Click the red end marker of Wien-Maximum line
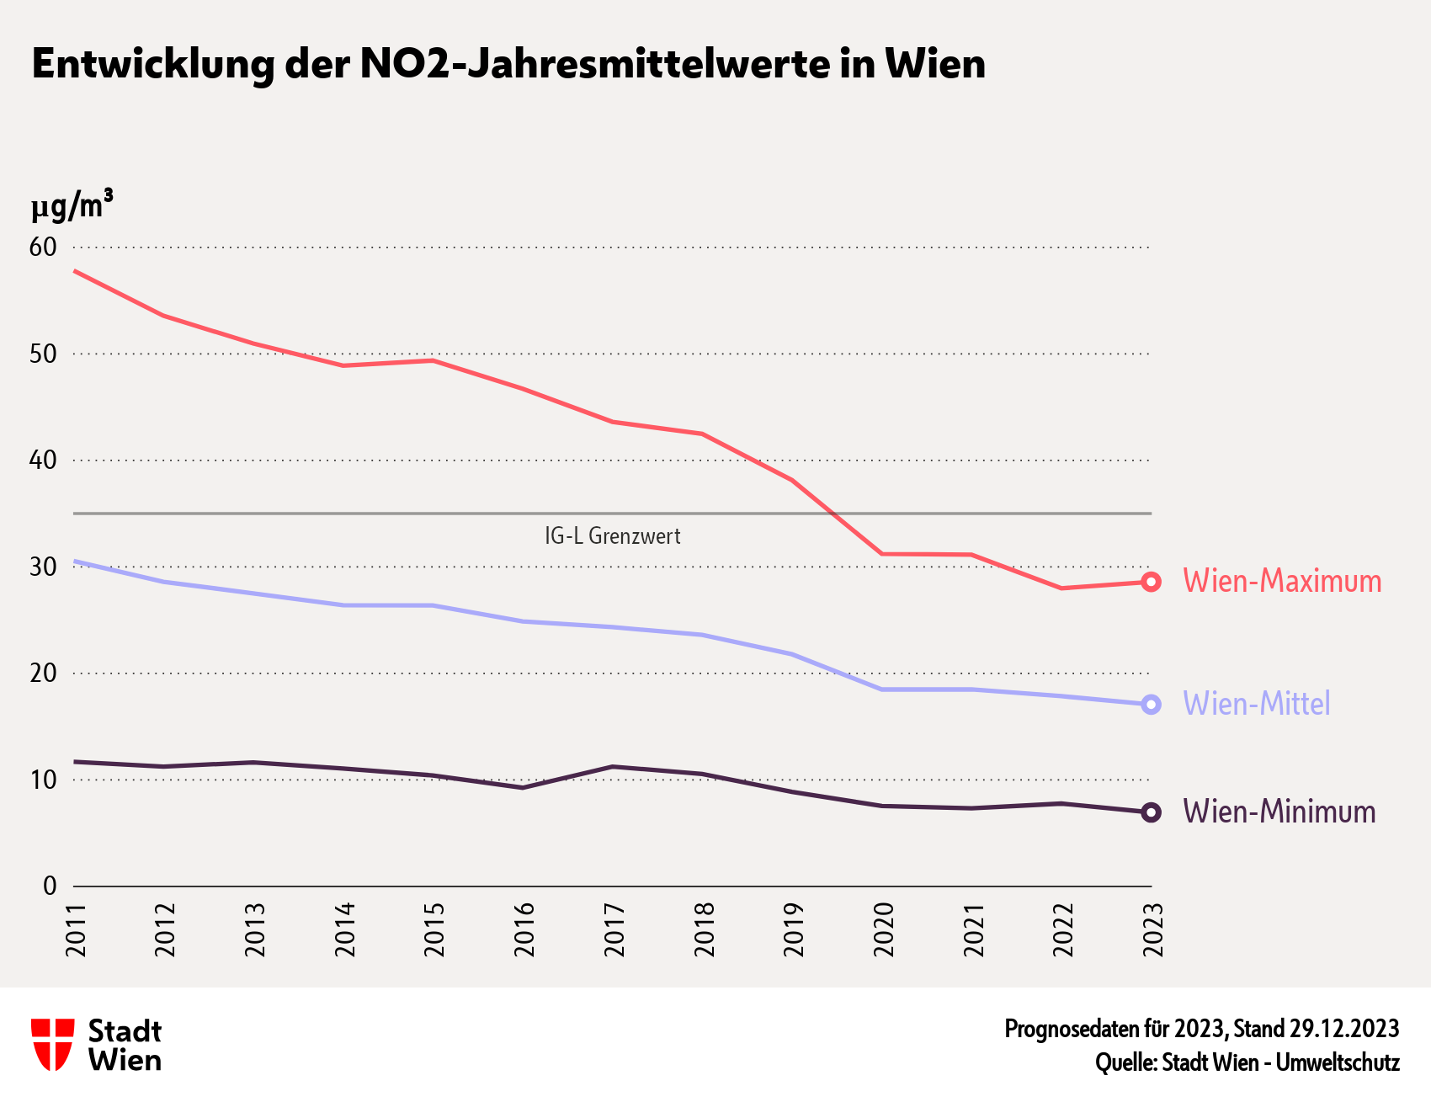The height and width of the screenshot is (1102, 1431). tap(1151, 582)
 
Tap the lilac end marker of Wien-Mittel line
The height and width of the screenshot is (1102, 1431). tap(1151, 705)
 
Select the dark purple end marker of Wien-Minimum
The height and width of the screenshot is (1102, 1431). tap(1151, 812)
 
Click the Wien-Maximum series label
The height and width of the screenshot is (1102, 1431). tap(1282, 581)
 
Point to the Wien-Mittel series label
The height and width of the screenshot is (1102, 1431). tap(1257, 704)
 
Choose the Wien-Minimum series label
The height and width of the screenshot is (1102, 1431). tap(1279, 812)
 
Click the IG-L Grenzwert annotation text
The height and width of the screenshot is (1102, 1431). tap(613, 536)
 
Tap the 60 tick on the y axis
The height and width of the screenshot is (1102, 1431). tap(43, 247)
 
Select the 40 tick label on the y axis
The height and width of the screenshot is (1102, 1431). tap(43, 460)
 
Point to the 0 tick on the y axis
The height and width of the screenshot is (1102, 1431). tap(50, 886)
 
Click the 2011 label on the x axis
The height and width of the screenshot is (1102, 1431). tap(77, 930)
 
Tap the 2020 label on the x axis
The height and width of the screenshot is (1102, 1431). tap(884, 930)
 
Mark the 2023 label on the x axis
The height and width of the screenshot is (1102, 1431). tap(1153, 930)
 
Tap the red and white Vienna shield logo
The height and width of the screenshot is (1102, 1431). tap(52, 1045)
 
